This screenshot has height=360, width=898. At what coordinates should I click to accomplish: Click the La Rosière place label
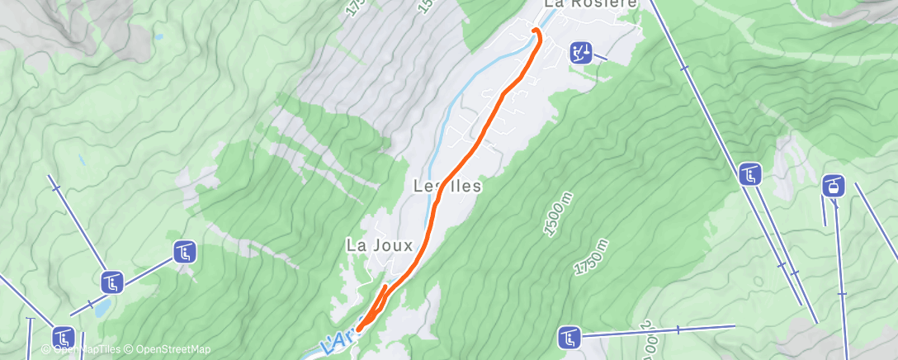[x=590, y=4]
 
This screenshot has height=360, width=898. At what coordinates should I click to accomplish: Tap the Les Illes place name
[x=447, y=187]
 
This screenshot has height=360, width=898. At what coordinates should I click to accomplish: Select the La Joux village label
[x=379, y=245]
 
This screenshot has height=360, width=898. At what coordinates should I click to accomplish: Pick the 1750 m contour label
[x=591, y=258]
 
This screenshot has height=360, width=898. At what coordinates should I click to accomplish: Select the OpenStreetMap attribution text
[x=168, y=350]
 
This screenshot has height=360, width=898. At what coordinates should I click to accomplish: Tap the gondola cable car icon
[x=834, y=186]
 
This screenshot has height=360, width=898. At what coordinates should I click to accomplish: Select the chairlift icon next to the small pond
[x=113, y=283]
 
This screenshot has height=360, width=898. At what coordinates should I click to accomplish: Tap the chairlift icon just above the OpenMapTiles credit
[x=64, y=337]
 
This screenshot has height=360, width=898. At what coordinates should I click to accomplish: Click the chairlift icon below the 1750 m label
[x=569, y=337]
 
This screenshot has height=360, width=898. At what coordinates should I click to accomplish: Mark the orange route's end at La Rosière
[x=535, y=31]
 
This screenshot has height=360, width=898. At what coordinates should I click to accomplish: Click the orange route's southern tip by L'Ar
[x=360, y=329]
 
